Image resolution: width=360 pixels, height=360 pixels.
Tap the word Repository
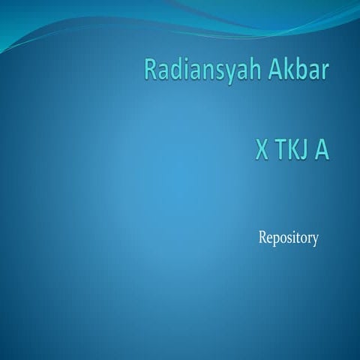pos(289,239)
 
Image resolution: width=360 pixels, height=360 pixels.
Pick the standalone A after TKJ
pos(322,151)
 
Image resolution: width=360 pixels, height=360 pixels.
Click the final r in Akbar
pos(325,73)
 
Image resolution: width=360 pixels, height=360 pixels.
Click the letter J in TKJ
pos(304,151)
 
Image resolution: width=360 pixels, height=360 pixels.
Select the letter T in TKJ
pos(280,151)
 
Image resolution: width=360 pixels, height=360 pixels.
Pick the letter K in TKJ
pos(292,151)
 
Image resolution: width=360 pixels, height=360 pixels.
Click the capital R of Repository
pos(262,238)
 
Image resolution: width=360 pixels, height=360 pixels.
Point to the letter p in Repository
pos(277,241)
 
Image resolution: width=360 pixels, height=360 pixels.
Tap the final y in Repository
pos(316,241)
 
